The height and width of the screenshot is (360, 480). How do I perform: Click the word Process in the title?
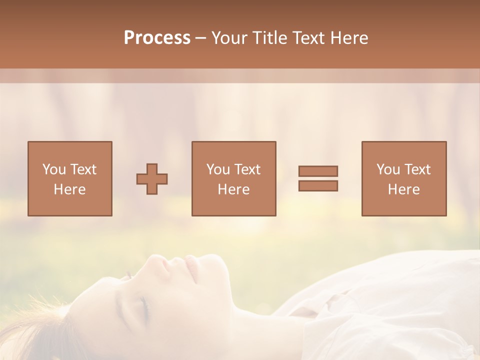pos(157,38)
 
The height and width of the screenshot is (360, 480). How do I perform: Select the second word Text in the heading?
pos(306,38)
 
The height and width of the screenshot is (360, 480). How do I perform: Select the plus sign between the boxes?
pos(152,179)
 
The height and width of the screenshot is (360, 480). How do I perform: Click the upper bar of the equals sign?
pos(318,171)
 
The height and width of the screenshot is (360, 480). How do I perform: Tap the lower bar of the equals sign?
pos(318,186)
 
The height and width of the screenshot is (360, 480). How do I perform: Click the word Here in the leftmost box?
pos(69,189)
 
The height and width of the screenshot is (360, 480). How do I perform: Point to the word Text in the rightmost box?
pos(417,169)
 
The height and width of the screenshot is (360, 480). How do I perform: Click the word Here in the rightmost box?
pos(403,189)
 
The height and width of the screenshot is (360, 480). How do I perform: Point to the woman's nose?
pos(167,265)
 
